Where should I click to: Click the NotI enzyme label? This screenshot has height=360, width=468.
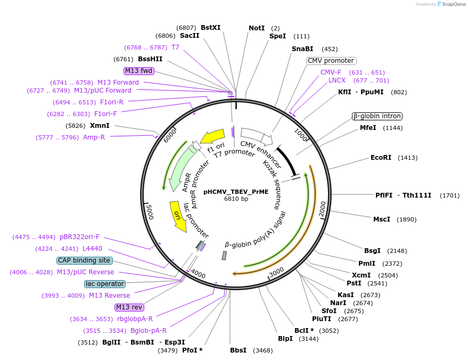(x=257, y=28)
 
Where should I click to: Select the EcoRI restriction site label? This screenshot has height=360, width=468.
(x=381, y=158)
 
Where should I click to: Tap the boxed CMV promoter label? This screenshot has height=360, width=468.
(x=331, y=61)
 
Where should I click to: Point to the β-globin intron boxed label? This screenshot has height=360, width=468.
(x=377, y=116)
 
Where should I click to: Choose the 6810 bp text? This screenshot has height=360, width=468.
(x=236, y=199)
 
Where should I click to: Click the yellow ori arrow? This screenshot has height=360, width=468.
(x=178, y=216)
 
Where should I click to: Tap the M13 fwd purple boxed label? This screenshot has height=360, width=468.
(x=138, y=71)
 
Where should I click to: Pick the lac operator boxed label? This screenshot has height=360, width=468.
(x=105, y=284)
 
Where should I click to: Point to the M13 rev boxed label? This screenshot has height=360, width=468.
(x=129, y=307)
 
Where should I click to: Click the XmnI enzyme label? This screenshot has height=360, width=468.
(x=100, y=126)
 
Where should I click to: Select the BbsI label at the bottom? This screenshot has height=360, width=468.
(x=238, y=350)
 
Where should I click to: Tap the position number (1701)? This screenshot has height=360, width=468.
(x=449, y=195)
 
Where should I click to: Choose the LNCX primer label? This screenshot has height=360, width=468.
(x=337, y=80)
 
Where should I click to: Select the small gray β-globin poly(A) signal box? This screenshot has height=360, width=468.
(x=224, y=256)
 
